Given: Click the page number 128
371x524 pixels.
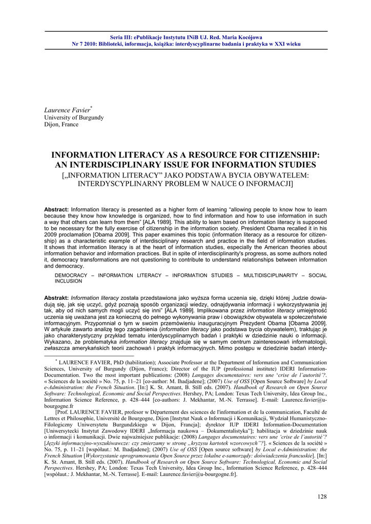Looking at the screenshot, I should tap(322, 497).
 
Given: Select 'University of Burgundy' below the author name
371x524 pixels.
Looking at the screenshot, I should tap(74, 117).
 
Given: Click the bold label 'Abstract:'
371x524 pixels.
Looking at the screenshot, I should tap(56, 210).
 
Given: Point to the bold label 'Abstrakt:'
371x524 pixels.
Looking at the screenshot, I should tap(56, 298).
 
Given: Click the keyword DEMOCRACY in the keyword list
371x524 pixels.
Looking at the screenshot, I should tap(72, 275).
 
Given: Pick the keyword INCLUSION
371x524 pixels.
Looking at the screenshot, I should tap(68, 281).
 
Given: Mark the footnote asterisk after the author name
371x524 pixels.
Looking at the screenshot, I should tap(91, 107).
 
